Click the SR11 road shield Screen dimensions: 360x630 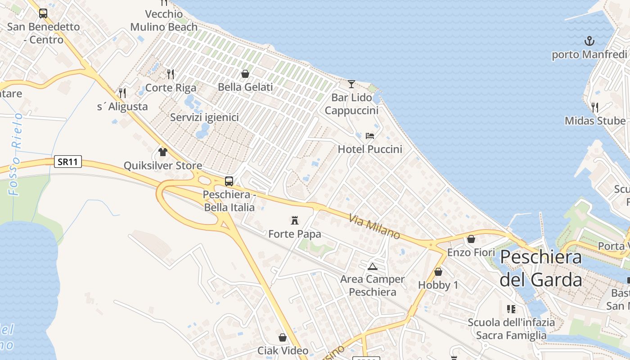[68, 162]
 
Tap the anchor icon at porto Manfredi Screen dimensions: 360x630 [589, 41]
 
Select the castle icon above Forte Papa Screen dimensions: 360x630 [295, 220]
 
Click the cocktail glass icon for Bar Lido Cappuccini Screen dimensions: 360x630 [351, 84]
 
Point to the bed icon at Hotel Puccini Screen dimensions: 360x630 [370, 135]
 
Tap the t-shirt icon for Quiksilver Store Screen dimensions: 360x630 [163, 152]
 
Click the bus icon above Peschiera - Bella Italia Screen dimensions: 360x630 [229, 181]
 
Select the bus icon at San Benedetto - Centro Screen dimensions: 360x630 [43, 13]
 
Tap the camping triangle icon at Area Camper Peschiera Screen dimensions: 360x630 [372, 266]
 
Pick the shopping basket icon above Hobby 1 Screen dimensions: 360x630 [438, 272]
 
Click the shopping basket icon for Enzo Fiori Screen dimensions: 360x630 [471, 239]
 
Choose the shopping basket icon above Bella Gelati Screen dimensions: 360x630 [245, 73]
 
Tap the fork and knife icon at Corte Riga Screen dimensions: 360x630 [171, 74]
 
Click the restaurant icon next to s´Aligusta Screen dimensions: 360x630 [122, 93]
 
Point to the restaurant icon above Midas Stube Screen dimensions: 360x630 [595, 107]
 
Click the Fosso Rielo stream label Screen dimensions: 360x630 [16, 154]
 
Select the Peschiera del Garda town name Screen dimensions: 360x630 [541, 268]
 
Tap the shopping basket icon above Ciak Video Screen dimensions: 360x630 [283, 337]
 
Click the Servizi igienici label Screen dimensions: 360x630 [204, 117]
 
